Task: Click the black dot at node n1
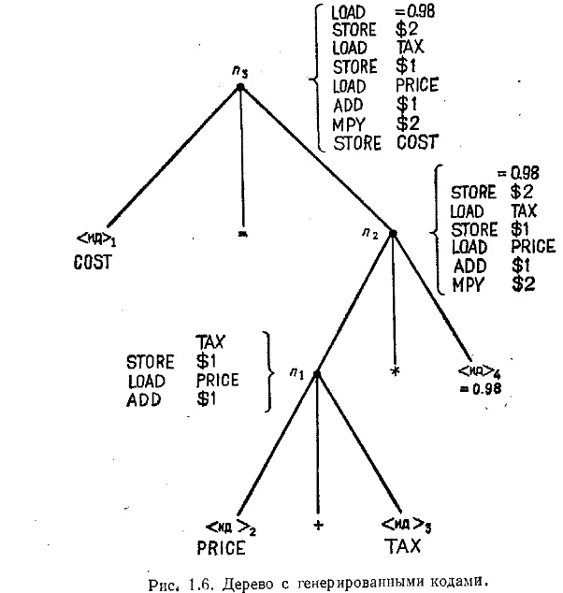click(317, 374)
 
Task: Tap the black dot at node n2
click(393, 234)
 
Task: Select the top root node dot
click(240, 87)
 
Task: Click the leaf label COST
click(93, 262)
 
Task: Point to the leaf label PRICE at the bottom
click(222, 548)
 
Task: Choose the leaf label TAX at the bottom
click(402, 546)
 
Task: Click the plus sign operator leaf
click(318, 525)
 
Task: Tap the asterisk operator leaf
click(395, 371)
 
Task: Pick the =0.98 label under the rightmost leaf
click(481, 388)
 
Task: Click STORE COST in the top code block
click(385, 143)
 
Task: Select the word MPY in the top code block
click(349, 124)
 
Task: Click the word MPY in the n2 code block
click(469, 284)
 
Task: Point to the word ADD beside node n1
click(144, 399)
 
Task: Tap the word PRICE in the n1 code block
click(217, 380)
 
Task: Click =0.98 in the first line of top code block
click(415, 12)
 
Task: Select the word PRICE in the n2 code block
click(533, 246)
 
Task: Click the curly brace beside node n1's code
click(268, 371)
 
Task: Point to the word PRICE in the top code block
click(417, 85)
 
